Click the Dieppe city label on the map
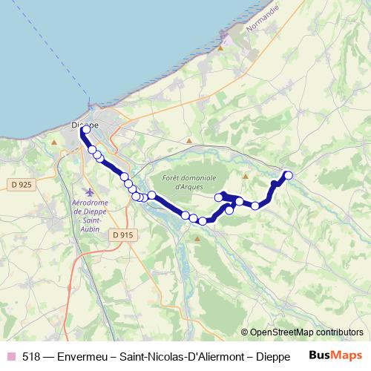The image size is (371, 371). [x=83, y=125]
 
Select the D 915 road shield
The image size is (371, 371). [x=124, y=234]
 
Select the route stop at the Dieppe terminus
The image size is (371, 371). [x=86, y=129]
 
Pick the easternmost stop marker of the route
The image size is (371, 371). [x=289, y=175]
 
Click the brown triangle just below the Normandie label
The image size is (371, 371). [x=221, y=47]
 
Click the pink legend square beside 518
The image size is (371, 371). [x=10, y=355]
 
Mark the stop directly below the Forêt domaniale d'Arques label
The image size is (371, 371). [x=185, y=215]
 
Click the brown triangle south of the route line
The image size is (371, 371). [x=197, y=239]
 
